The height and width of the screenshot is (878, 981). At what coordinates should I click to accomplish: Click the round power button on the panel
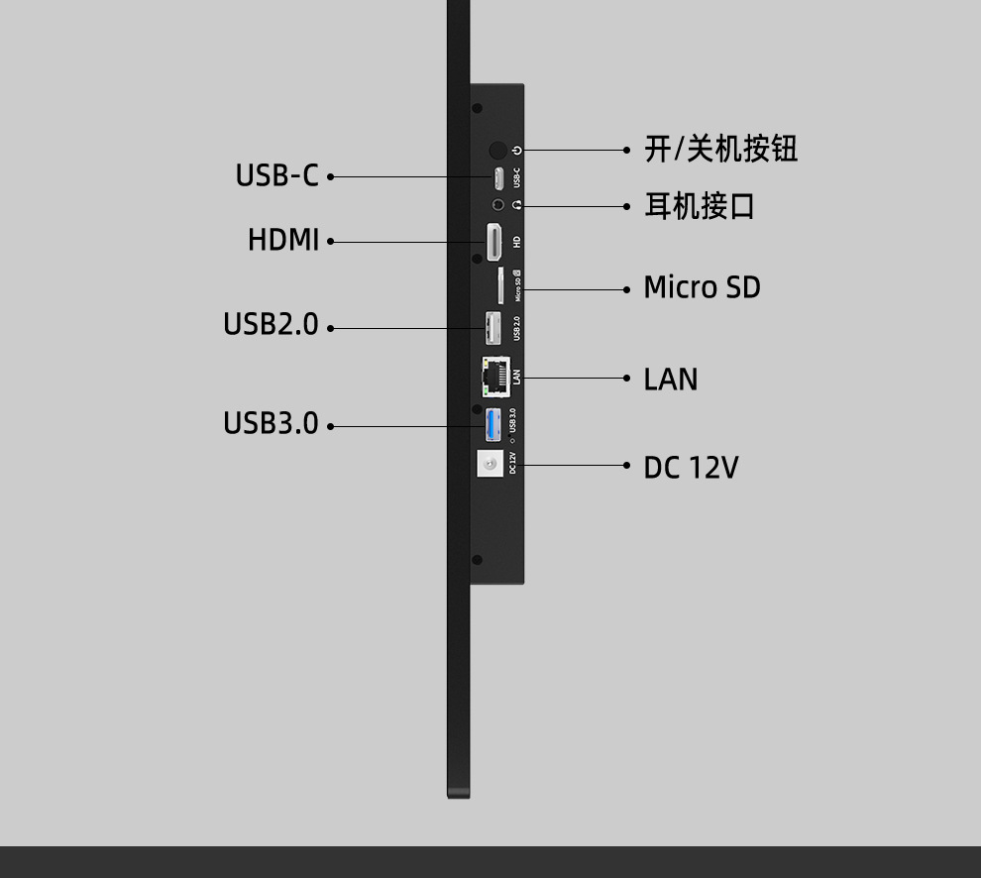[497, 150]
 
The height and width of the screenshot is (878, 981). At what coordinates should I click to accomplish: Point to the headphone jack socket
[498, 205]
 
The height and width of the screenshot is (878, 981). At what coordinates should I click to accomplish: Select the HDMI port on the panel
[493, 242]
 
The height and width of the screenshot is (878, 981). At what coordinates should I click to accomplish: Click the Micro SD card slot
[500, 285]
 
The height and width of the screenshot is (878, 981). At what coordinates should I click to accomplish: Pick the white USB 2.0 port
[491, 328]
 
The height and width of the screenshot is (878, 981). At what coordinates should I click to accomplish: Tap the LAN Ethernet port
[494, 373]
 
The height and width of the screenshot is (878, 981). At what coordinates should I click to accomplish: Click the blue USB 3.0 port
[492, 424]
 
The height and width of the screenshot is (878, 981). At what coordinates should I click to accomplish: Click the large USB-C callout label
[276, 175]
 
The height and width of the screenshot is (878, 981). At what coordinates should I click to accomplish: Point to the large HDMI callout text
[283, 240]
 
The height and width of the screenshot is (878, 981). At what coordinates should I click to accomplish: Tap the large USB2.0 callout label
[271, 324]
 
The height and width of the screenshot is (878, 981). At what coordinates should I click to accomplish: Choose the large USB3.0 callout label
[271, 423]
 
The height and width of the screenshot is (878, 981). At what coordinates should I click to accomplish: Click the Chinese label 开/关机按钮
[720, 149]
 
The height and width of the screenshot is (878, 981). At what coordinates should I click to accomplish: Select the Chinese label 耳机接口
[700, 206]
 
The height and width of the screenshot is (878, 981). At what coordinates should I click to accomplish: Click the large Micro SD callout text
[702, 287]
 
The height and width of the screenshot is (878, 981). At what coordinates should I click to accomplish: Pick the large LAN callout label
[671, 380]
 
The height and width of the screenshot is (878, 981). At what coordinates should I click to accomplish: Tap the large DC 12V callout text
[691, 467]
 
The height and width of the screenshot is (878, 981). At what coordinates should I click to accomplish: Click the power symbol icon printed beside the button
[517, 150]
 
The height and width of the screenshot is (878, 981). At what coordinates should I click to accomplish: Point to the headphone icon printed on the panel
[517, 205]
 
